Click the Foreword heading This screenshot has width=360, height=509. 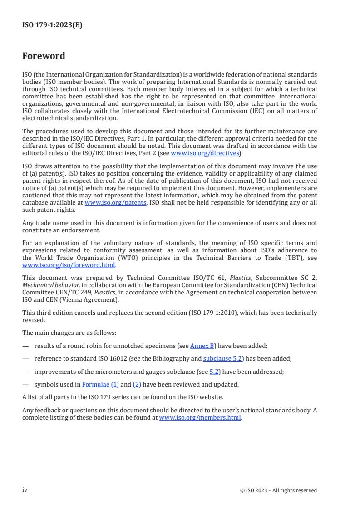point(44,56)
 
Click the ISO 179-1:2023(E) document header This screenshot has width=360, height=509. point(52,25)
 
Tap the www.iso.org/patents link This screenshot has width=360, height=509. point(115,203)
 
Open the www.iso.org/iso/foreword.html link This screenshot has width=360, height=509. point(69,265)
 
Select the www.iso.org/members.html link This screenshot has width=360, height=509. point(200,418)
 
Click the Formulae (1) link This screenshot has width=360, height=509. point(100,384)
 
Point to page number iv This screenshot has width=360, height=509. point(25,490)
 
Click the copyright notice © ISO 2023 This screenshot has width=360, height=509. point(278,490)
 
